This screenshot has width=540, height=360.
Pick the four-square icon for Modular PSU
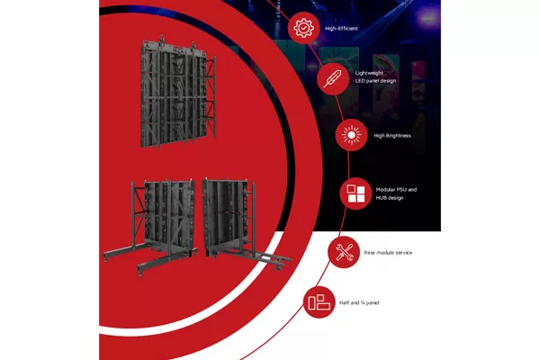click(x=353, y=194)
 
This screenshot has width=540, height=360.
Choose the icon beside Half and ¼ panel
click(x=318, y=302)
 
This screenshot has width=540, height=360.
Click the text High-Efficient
click(x=340, y=29)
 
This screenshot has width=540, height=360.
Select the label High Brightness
click(x=392, y=136)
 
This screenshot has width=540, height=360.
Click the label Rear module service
click(x=388, y=253)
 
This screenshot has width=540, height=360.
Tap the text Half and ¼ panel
click(x=361, y=303)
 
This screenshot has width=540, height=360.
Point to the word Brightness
click(x=399, y=136)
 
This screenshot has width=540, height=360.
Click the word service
click(x=402, y=253)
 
